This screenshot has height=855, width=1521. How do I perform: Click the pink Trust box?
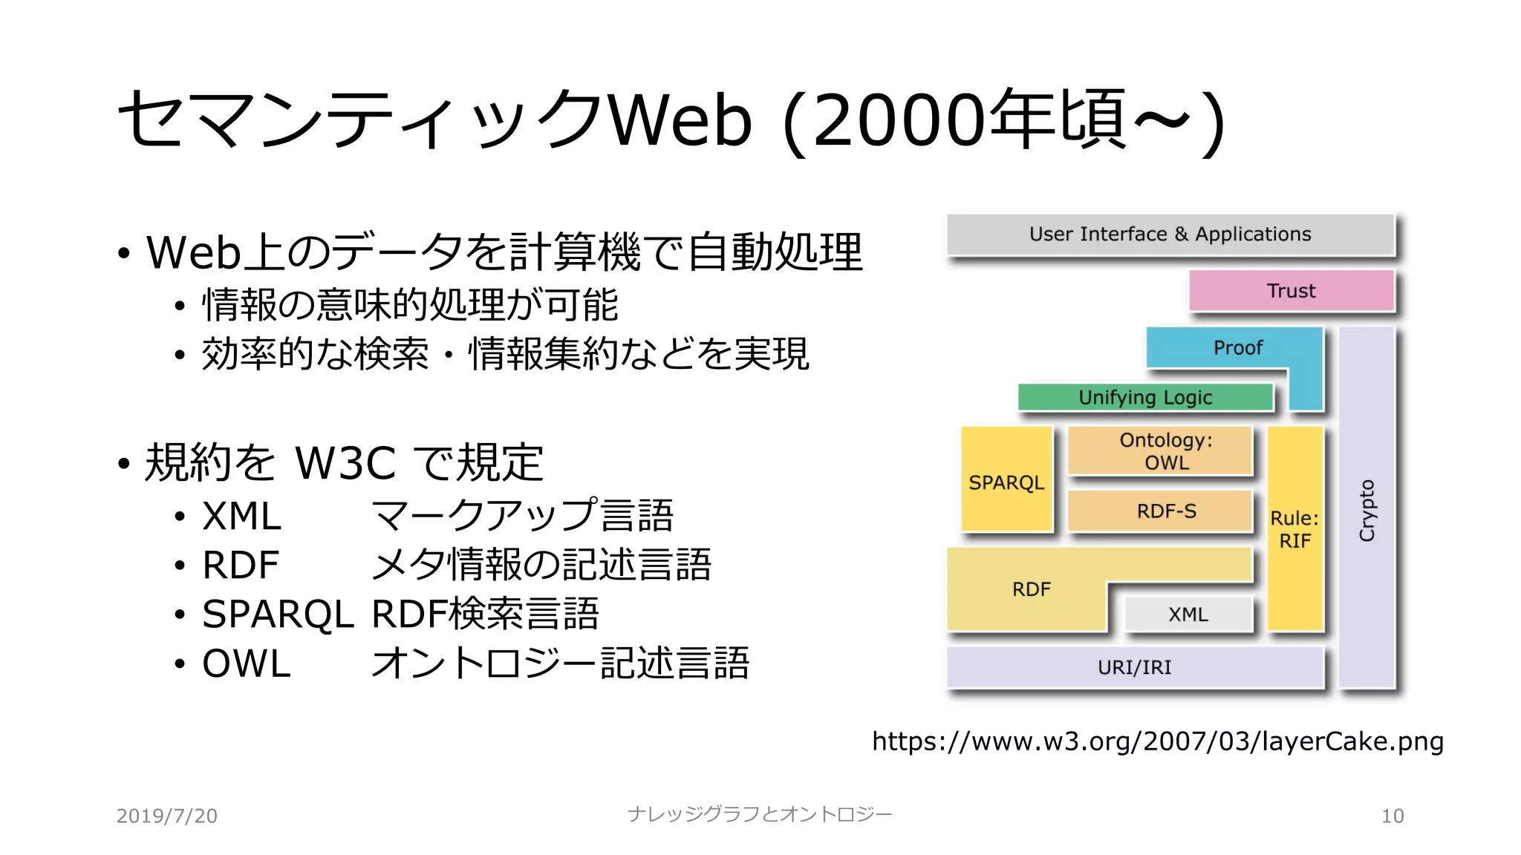tap(1292, 290)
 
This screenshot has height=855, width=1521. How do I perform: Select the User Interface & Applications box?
tap(1170, 235)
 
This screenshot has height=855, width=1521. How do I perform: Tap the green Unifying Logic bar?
tap(1145, 398)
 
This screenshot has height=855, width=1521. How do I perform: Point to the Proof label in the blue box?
tap(1237, 347)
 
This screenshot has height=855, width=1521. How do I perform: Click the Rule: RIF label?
tap(1294, 529)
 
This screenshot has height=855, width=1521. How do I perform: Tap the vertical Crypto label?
tap(1367, 511)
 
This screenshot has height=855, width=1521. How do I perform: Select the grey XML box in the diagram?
tap(1188, 615)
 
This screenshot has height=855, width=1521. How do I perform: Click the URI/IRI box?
tap(1134, 667)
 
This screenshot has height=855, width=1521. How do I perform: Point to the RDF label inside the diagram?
tap(1031, 589)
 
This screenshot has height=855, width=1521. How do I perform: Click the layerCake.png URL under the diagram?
tap(1157, 741)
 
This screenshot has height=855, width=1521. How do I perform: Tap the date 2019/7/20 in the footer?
tap(167, 816)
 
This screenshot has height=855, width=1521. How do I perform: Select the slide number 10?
tap(1392, 816)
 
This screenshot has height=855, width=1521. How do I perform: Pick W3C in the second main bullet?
tap(345, 463)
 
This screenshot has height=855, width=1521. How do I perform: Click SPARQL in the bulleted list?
tap(278, 615)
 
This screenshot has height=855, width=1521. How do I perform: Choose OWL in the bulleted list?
tap(246, 664)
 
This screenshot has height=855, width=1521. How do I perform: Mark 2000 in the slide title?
tap(901, 120)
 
